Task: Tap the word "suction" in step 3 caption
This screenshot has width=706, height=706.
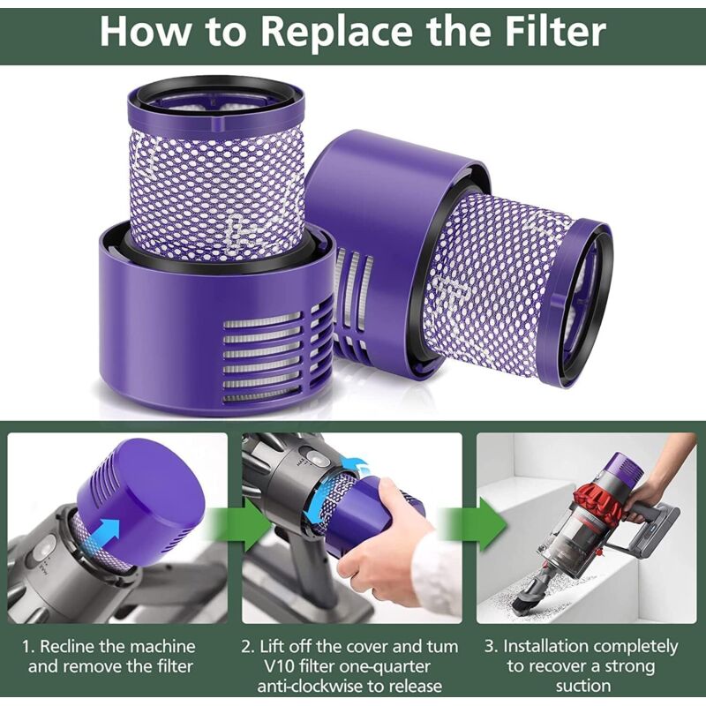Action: [583, 687]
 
